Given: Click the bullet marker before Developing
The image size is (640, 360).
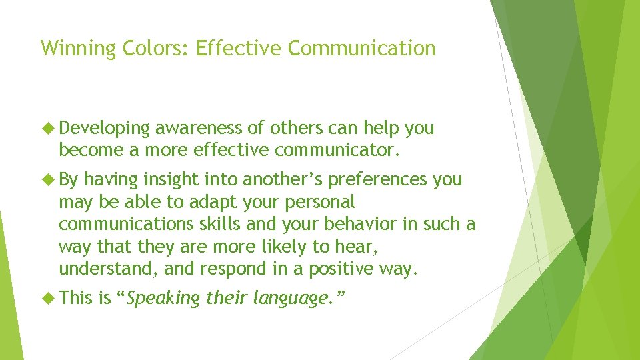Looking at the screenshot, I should (x=48, y=128).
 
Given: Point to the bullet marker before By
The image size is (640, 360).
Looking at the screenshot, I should (x=48, y=179).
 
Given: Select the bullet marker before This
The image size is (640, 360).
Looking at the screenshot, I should (x=48, y=297).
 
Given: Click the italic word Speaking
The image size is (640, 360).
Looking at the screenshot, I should (x=163, y=298).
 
